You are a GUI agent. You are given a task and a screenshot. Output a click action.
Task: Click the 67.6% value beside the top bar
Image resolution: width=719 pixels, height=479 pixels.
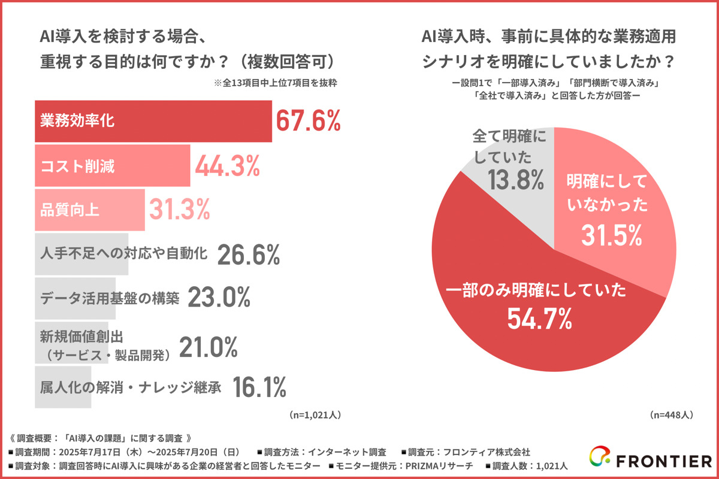[308, 121]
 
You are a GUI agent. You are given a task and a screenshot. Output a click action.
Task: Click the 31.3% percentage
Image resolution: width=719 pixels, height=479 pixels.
[178, 210]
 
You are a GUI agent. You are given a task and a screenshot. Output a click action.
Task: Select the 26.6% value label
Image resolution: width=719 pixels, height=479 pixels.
[248, 255]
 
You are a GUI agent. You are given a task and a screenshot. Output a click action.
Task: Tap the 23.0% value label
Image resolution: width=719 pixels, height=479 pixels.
[219, 298]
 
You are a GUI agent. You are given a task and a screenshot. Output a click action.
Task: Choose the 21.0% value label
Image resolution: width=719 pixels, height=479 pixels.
[209, 347]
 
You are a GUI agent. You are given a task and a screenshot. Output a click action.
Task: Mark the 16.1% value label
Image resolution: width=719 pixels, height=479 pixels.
[259, 387]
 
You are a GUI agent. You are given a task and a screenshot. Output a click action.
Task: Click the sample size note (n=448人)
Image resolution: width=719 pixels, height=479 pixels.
[671, 414]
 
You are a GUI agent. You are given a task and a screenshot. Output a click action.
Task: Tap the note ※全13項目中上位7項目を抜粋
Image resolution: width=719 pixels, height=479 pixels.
[275, 83]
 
